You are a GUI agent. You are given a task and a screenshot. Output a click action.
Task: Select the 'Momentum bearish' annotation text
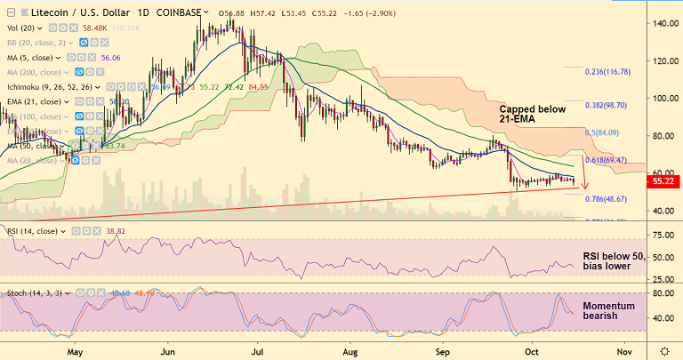click(x=608, y=311)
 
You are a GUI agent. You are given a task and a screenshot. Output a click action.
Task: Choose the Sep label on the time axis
click(x=445, y=350)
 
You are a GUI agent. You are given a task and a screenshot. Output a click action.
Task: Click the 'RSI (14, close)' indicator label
click(x=31, y=231)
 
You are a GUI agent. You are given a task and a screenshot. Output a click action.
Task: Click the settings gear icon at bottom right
click(x=663, y=350)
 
